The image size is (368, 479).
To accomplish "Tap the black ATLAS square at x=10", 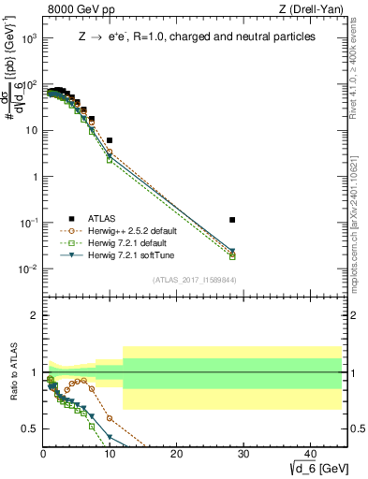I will pos(110,140).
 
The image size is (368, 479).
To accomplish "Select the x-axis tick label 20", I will pos(177,454).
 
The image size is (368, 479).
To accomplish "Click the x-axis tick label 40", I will pos(310,454).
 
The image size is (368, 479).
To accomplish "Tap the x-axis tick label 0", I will pos(44,454).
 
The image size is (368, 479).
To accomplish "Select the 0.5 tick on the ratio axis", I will pos(30,428).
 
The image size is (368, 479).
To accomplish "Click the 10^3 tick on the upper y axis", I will pos(28,39).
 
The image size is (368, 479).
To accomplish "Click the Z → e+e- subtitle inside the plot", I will pos(195,36).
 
